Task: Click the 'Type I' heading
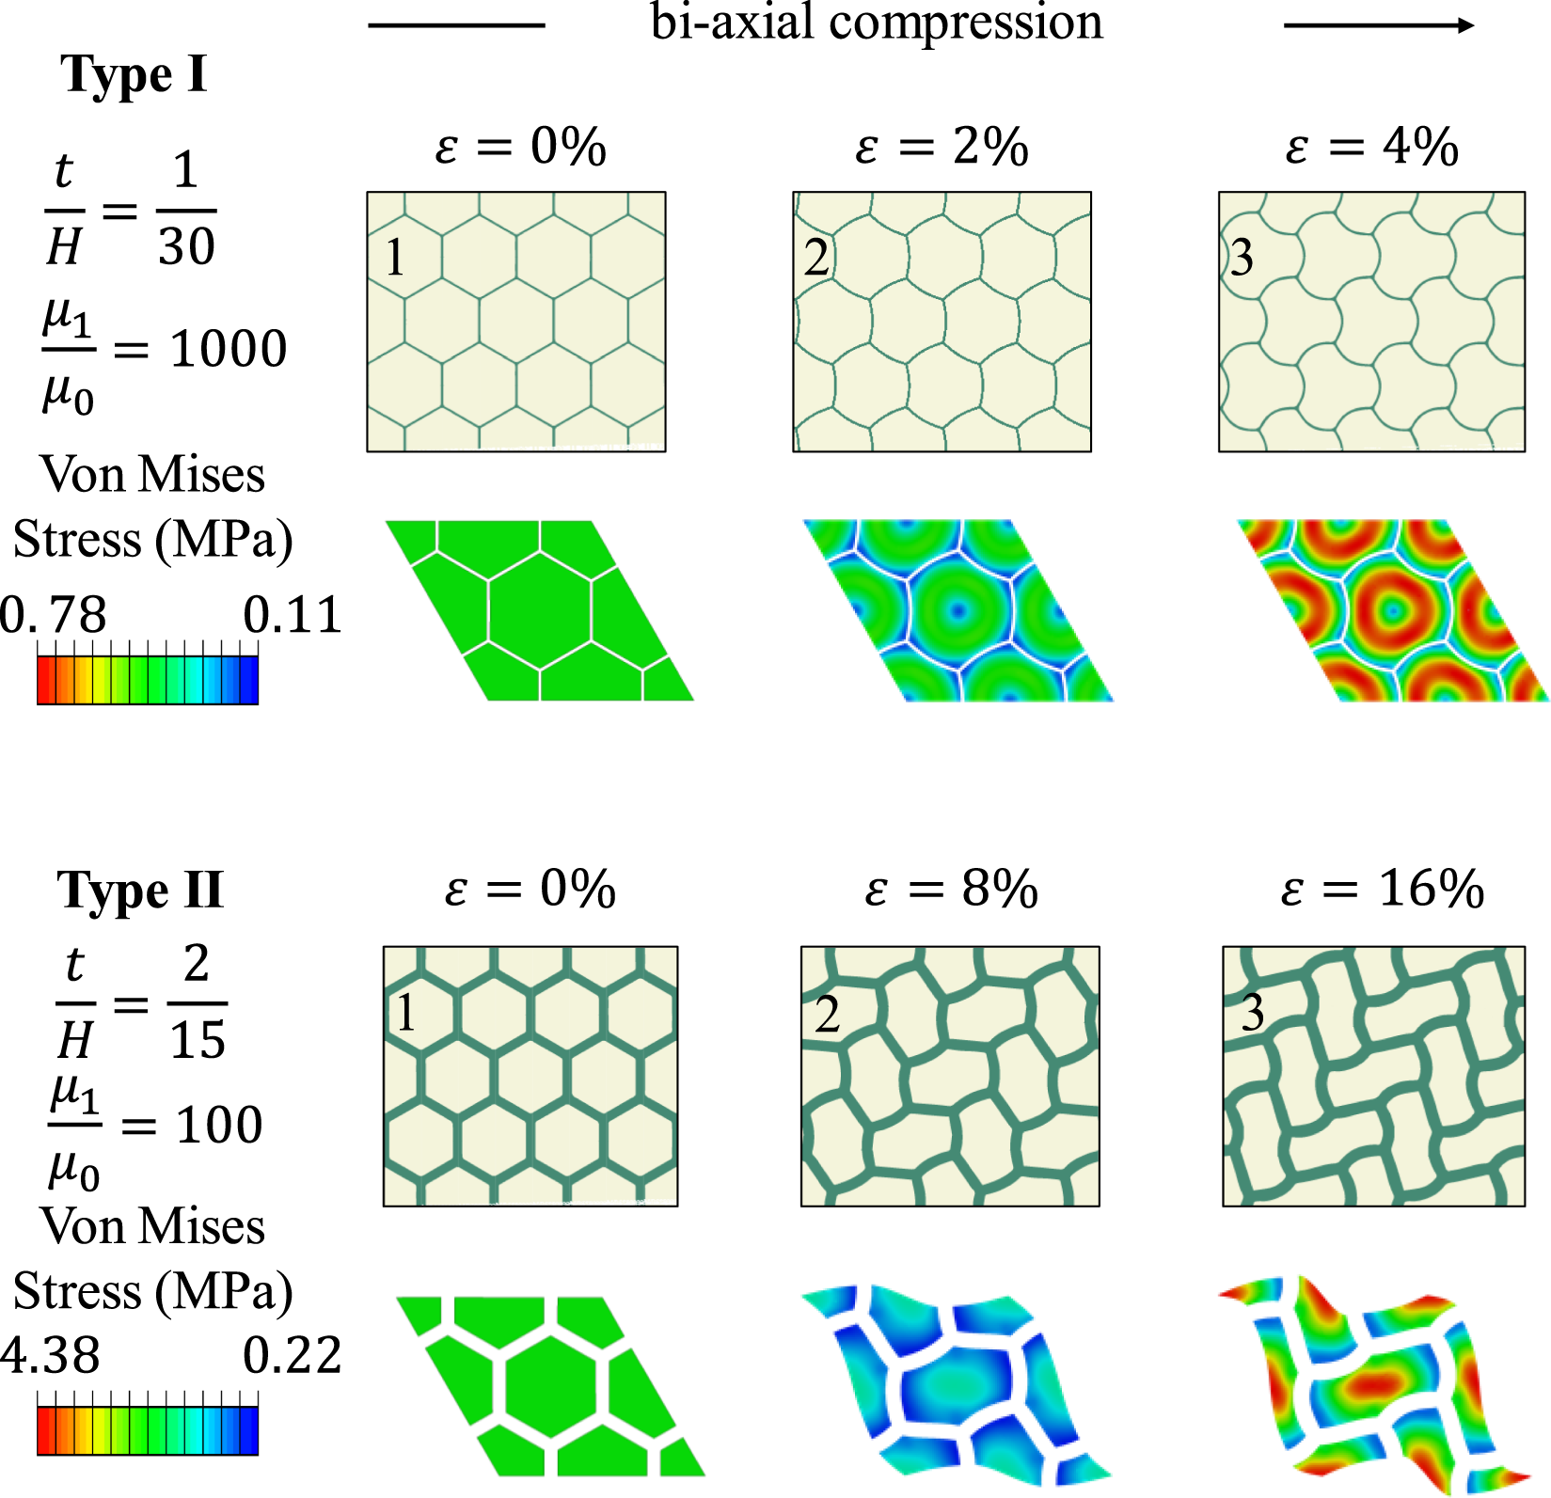pos(134,74)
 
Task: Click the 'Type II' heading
pos(140,890)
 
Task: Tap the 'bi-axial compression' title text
pos(877,23)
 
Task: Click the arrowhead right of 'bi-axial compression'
pos(1465,25)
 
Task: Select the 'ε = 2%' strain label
pos(942,147)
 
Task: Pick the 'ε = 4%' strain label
pos(1371,147)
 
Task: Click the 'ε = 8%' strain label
pos(951,888)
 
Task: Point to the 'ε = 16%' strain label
pos(1382,888)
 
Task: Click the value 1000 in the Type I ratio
pos(228,349)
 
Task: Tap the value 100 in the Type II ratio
pos(219,1125)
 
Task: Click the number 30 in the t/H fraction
pos(186,246)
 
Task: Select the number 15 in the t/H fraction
pos(198,1039)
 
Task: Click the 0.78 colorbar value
pos(54,616)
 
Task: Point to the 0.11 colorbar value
pos(292,616)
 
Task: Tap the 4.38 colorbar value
pos(51,1356)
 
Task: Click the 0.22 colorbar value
pos(292,1356)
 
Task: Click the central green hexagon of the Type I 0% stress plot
pos(540,611)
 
